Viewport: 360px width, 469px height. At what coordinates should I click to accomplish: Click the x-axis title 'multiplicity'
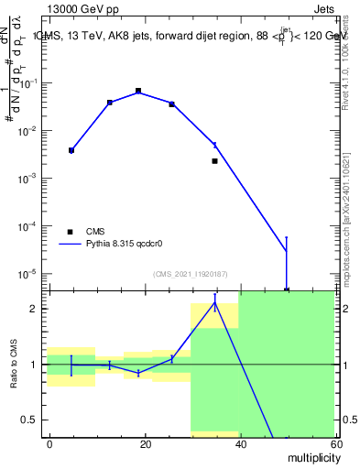click(311, 457)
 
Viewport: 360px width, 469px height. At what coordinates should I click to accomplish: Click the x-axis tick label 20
click(145, 443)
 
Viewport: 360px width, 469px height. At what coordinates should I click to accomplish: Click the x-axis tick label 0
click(49, 443)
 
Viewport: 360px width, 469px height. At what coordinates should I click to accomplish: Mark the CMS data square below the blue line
click(214, 161)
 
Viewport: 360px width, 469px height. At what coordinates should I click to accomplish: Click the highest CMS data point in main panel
click(138, 91)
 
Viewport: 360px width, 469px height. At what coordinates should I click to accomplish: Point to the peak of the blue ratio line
click(214, 303)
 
